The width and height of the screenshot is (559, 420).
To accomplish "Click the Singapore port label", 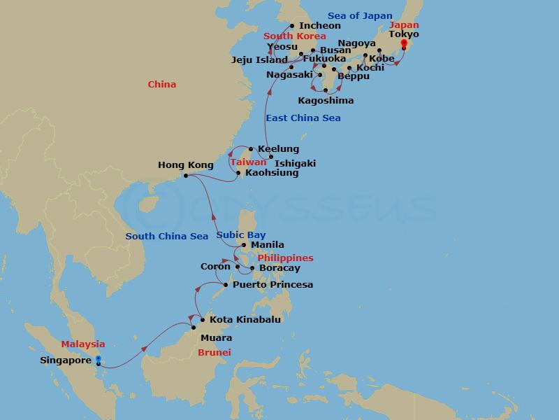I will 66,361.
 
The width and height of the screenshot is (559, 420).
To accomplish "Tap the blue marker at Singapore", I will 98,359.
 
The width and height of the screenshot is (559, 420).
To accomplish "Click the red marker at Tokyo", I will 403,43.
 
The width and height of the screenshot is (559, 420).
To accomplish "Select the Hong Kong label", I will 186,165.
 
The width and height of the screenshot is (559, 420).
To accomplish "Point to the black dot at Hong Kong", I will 185,175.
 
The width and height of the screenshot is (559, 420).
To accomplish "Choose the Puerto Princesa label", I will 273,285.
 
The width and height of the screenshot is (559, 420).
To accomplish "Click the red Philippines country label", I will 285,258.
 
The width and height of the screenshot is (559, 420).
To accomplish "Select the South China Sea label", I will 167,237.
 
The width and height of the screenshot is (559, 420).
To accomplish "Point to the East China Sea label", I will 303,118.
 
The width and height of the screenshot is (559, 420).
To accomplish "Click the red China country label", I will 162,85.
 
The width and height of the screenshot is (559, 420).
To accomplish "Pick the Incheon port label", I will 320,26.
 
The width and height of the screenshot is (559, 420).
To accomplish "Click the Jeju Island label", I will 259,60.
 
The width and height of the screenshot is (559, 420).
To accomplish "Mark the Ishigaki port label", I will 295,164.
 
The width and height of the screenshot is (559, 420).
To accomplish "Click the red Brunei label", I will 215,353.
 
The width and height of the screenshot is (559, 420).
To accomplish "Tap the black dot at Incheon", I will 292,26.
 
